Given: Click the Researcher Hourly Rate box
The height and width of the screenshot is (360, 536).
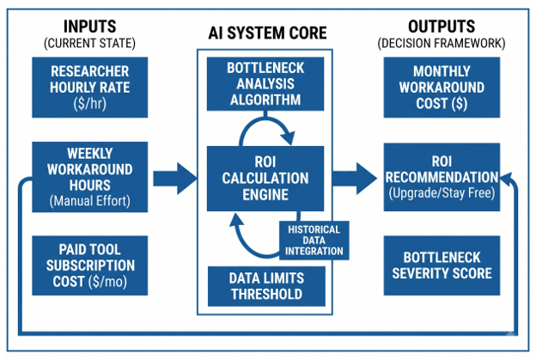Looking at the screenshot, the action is point(90,87).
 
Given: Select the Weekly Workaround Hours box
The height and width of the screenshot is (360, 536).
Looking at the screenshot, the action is point(90,177).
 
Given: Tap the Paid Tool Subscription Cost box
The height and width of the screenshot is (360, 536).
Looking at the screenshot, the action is point(90,265).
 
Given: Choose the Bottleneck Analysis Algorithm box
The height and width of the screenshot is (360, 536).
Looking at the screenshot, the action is point(265,83).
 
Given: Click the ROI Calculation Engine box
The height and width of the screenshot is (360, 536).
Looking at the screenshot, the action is point(265,179).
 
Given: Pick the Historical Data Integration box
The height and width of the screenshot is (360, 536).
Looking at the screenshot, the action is point(314,241).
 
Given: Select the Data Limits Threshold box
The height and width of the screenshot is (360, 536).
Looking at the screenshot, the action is point(266,286).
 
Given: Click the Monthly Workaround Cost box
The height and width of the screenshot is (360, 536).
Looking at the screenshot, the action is point(442,87).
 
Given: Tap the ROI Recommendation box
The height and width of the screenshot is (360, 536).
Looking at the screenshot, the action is point(442,177).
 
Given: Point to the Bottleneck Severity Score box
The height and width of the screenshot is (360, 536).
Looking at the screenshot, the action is point(442,265).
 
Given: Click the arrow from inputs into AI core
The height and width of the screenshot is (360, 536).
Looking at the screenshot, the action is point(175,179).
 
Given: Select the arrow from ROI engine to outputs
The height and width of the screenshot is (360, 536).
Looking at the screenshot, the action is point(355,179).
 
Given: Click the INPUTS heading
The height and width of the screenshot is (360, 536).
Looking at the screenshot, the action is point(90,27).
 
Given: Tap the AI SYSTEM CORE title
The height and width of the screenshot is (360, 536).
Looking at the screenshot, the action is point(268,34).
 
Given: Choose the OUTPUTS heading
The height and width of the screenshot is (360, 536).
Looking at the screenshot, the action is point(442,27).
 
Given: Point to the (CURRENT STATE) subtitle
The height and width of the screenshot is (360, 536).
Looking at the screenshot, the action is point(89,44).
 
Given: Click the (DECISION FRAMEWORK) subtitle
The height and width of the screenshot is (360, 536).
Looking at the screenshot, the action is point(442,44).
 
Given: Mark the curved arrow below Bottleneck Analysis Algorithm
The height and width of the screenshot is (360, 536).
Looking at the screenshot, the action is point(266,119).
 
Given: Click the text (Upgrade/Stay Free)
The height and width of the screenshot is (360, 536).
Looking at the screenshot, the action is point(442,193).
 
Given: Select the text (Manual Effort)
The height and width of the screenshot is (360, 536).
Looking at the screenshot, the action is point(90,201).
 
